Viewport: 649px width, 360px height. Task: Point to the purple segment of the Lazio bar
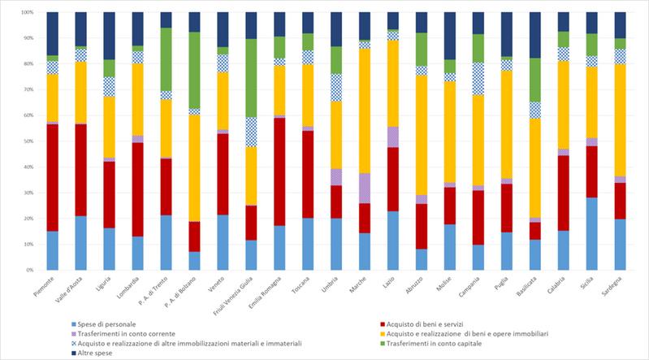pyautogui.click(x=392, y=137)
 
